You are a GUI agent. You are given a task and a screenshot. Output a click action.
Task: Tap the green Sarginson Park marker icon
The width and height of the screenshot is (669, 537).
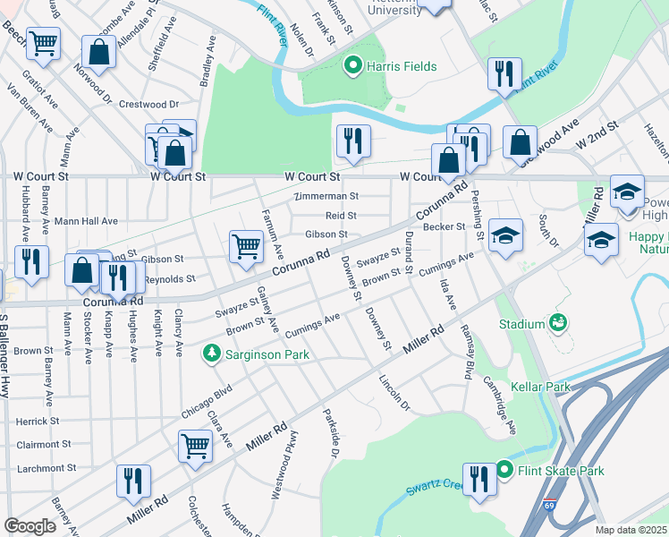tap(212, 354)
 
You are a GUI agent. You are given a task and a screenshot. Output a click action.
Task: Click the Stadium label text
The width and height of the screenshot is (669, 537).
tap(521, 323)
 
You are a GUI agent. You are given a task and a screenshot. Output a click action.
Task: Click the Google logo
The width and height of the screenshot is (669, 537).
tap(30, 526)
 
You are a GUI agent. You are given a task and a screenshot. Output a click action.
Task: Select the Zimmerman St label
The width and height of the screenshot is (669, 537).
tap(328, 196)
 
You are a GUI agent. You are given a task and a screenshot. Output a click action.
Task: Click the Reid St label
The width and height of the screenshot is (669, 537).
tap(341, 216)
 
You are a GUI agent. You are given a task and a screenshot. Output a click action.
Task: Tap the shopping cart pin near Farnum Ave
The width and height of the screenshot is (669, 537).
tap(246, 244)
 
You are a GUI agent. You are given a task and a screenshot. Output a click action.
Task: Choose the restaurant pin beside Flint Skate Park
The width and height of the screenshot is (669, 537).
tap(480, 477)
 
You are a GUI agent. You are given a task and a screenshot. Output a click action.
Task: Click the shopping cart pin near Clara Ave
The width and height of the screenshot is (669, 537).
tap(195, 443)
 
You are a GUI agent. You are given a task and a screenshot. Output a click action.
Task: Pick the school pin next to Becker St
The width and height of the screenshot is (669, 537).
tap(505, 235)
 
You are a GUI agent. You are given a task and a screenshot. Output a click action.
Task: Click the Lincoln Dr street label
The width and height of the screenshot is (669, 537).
tap(393, 393)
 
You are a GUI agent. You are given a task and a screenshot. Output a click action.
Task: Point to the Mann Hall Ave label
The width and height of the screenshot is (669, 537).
tap(86, 221)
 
